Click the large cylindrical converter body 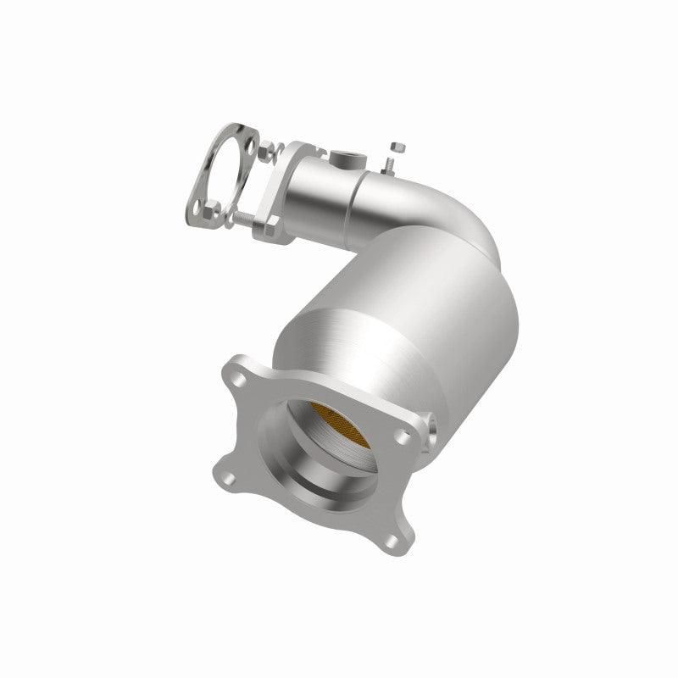point(398,314)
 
